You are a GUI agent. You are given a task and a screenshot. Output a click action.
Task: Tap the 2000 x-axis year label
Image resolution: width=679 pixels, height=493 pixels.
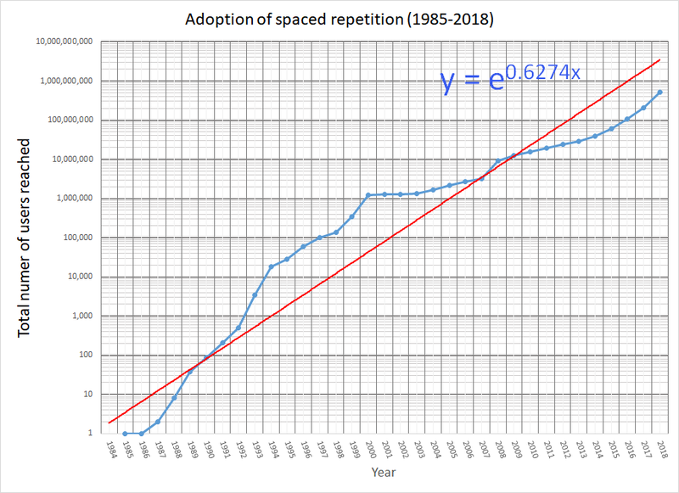[371, 449]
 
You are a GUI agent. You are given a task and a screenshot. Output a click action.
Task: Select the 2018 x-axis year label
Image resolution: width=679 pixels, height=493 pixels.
[663, 449]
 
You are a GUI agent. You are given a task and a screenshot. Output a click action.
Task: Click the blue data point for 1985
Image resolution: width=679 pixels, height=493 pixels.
[125, 434]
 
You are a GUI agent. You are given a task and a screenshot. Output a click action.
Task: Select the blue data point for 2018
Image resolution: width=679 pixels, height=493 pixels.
[659, 92]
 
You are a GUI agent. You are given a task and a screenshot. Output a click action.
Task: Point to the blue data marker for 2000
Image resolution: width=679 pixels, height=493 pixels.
[368, 195]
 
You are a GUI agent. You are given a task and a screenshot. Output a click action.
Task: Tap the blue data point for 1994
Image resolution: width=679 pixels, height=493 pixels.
[271, 266]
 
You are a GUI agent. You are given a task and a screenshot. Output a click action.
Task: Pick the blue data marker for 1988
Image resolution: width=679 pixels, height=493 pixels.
[174, 398]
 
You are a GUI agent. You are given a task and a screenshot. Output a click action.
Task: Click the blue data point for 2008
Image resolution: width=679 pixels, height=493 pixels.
[497, 160]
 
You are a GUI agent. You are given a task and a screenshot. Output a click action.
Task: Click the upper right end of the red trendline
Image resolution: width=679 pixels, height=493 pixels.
[660, 59]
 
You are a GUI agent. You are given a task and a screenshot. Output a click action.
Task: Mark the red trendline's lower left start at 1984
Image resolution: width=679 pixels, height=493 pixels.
[109, 423]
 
